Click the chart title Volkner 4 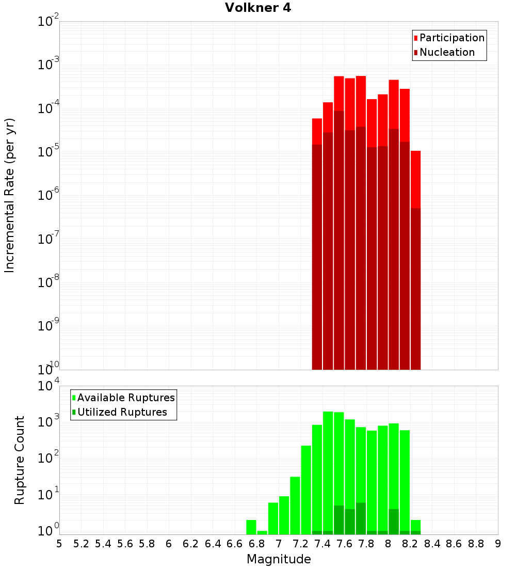[x=258, y=8]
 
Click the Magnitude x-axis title [x=279, y=559]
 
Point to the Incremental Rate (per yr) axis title [x=9, y=195]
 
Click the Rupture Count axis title [x=20, y=460]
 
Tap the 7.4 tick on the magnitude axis [x=322, y=544]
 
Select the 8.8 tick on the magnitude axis [x=476, y=544]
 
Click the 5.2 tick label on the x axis [x=81, y=544]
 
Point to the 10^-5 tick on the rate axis [x=48, y=151]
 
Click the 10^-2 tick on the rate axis [x=48, y=21]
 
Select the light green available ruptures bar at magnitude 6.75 [x=251, y=527]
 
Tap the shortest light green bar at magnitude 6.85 [x=262, y=532]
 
